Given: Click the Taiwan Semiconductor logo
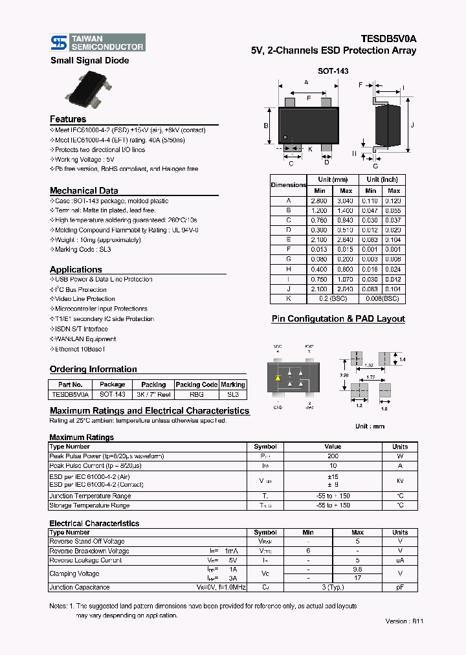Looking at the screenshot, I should pyautogui.click(x=97, y=43).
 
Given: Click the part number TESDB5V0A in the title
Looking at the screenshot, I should pyautogui.click(x=388, y=39).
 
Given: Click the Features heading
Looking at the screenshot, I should pyautogui.click(x=68, y=119).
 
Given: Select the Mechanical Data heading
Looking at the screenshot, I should pyautogui.click(x=84, y=190).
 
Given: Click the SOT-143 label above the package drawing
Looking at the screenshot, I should pyautogui.click(x=333, y=71).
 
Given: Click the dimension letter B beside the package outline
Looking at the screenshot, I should pyautogui.click(x=266, y=126).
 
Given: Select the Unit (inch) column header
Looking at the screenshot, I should pyautogui.click(x=382, y=179).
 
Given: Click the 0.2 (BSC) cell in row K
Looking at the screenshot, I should pyautogui.click(x=333, y=299).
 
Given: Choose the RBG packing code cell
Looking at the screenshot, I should pyautogui.click(x=197, y=394).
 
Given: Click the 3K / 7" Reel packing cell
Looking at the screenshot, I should pyautogui.click(x=153, y=394).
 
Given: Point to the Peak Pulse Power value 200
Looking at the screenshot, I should pyautogui.click(x=333, y=456).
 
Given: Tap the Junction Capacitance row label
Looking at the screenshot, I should pyautogui.click(x=80, y=587).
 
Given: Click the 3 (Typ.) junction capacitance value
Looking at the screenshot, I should pyautogui.click(x=332, y=587).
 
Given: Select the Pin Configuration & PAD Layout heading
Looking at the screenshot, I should pyautogui.click(x=338, y=318).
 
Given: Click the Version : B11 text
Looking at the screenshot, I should pyautogui.click(x=405, y=620).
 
